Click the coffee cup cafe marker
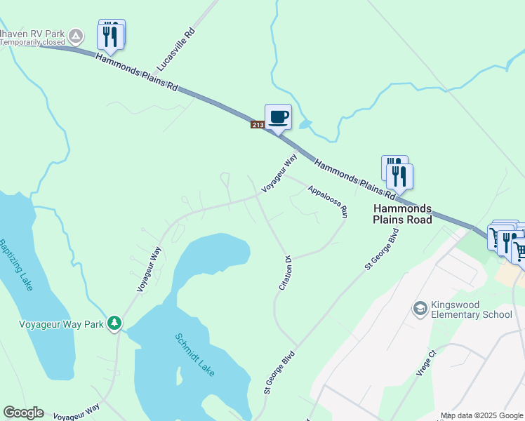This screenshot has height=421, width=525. tap(278, 116)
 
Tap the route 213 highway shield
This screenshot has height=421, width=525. tap(257, 125)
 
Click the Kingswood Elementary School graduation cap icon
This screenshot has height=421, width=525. tap(420, 309)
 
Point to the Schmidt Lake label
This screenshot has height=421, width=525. tap(194, 354)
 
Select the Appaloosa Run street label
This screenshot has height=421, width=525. tap(327, 199)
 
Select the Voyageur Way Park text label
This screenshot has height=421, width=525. tap(60, 324)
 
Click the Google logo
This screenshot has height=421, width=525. tap(23, 413)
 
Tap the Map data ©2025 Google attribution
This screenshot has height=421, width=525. tap(481, 415)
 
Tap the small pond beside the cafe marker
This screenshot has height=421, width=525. tap(305, 124)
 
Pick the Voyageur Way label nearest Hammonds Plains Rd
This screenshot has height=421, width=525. tap(279, 173)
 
